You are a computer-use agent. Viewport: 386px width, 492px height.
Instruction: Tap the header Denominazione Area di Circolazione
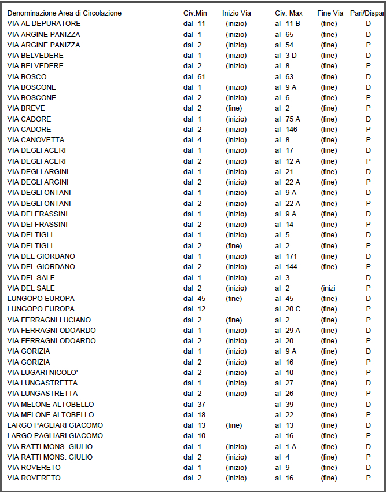pos(64,13)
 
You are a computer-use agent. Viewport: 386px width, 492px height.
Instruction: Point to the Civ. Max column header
pos(288,13)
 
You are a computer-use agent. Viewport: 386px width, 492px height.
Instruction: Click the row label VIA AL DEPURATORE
pos(44,24)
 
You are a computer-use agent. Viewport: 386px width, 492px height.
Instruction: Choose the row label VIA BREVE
pos(26,108)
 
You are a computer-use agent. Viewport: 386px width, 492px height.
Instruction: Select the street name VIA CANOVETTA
pos(36,140)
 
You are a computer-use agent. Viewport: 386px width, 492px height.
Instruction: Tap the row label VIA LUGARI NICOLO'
pos(42,372)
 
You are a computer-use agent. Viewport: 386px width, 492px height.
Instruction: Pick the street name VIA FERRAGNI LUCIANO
pos(49,320)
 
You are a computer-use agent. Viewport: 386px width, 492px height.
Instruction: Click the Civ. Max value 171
pos(292,256)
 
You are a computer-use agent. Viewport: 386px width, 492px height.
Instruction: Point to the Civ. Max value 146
pos(292,130)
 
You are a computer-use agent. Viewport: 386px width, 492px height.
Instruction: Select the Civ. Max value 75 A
pos(293,119)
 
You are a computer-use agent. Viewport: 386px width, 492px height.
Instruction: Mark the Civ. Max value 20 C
pos(293,309)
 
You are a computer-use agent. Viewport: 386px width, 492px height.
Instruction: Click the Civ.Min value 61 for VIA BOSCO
pos(201,76)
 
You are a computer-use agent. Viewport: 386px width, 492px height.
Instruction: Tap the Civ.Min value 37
pos(201,404)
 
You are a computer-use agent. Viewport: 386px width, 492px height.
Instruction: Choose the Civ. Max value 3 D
pos(291,56)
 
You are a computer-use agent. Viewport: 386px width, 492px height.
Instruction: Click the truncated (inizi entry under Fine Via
pos(328,288)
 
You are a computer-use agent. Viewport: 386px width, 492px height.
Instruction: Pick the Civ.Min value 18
pos(201,414)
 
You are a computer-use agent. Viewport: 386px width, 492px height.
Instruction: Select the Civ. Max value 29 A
pos(293,330)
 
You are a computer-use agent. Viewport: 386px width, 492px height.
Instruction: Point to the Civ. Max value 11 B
pos(293,24)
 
